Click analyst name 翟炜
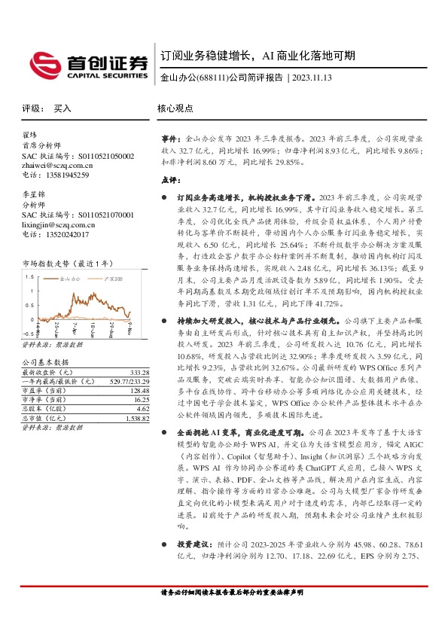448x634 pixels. click(x=29, y=135)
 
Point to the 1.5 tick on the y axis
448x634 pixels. click(x=29, y=276)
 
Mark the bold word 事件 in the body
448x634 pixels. click(x=171, y=140)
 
